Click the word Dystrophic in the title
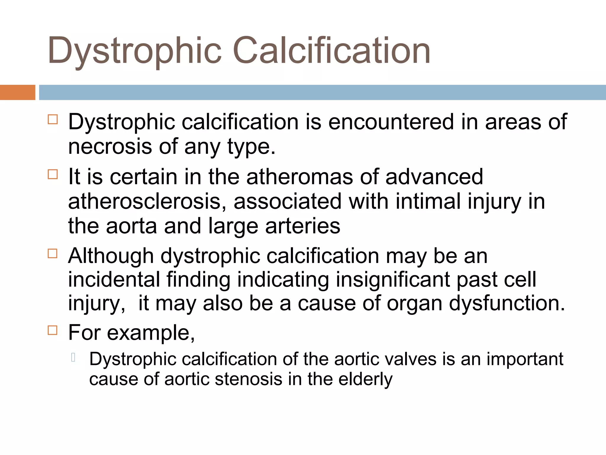[x=135, y=51]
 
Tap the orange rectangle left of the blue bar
[x=17, y=92]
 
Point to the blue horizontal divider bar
[x=322, y=92]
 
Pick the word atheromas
[x=299, y=177]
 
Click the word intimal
[x=428, y=201]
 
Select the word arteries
[x=302, y=226]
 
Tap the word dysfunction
[x=507, y=303]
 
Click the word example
[x=150, y=333]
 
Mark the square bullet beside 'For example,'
[x=53, y=330]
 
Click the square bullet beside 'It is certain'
[x=53, y=174]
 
